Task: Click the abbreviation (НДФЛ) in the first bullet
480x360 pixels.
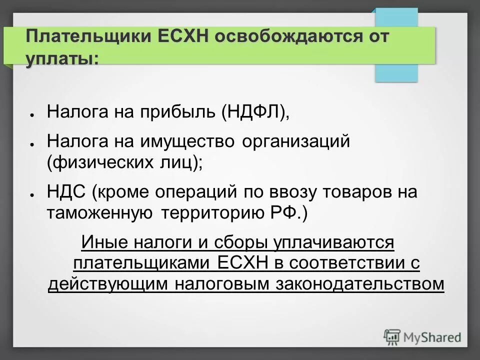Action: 256,111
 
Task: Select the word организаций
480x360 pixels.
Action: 295,141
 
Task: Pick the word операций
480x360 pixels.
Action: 197,192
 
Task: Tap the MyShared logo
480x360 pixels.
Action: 422,336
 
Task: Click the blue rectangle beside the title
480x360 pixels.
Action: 396,72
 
